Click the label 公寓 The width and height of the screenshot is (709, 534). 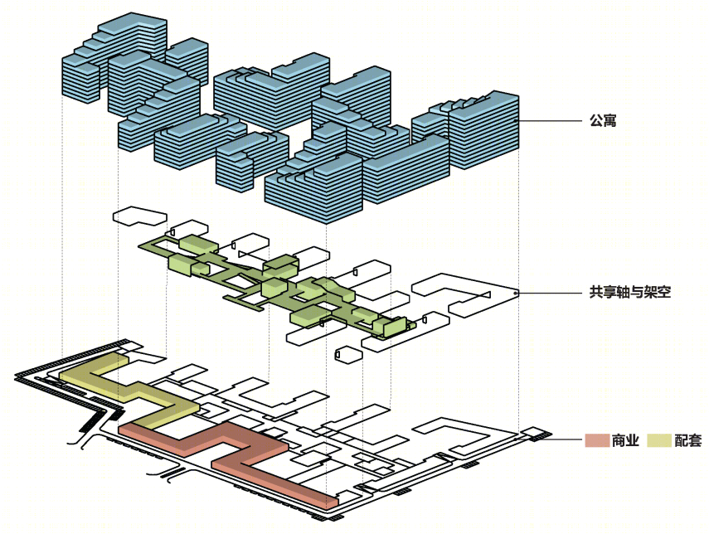coord(603,121)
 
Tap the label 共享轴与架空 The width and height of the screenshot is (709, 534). coord(630,292)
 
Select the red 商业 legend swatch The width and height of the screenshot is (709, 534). coord(597,440)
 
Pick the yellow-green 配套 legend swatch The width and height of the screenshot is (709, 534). coord(659,440)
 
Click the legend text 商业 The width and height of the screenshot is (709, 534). coord(625,440)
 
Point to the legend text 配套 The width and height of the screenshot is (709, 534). coord(687,440)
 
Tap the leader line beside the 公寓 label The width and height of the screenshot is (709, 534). coord(550,121)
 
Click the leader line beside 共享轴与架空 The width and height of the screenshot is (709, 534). coord(550,293)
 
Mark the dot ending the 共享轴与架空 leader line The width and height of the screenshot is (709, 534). coord(517,293)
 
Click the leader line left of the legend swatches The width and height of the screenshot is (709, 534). coord(566,439)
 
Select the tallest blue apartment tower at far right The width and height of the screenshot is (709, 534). coord(483,130)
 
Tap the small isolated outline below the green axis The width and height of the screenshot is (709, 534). coord(348,354)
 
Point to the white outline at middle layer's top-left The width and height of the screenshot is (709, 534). coord(140,216)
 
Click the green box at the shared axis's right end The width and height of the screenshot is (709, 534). coord(389,327)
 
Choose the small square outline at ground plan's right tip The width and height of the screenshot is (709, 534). coord(533,433)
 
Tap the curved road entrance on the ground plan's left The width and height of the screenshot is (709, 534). coord(78,442)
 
